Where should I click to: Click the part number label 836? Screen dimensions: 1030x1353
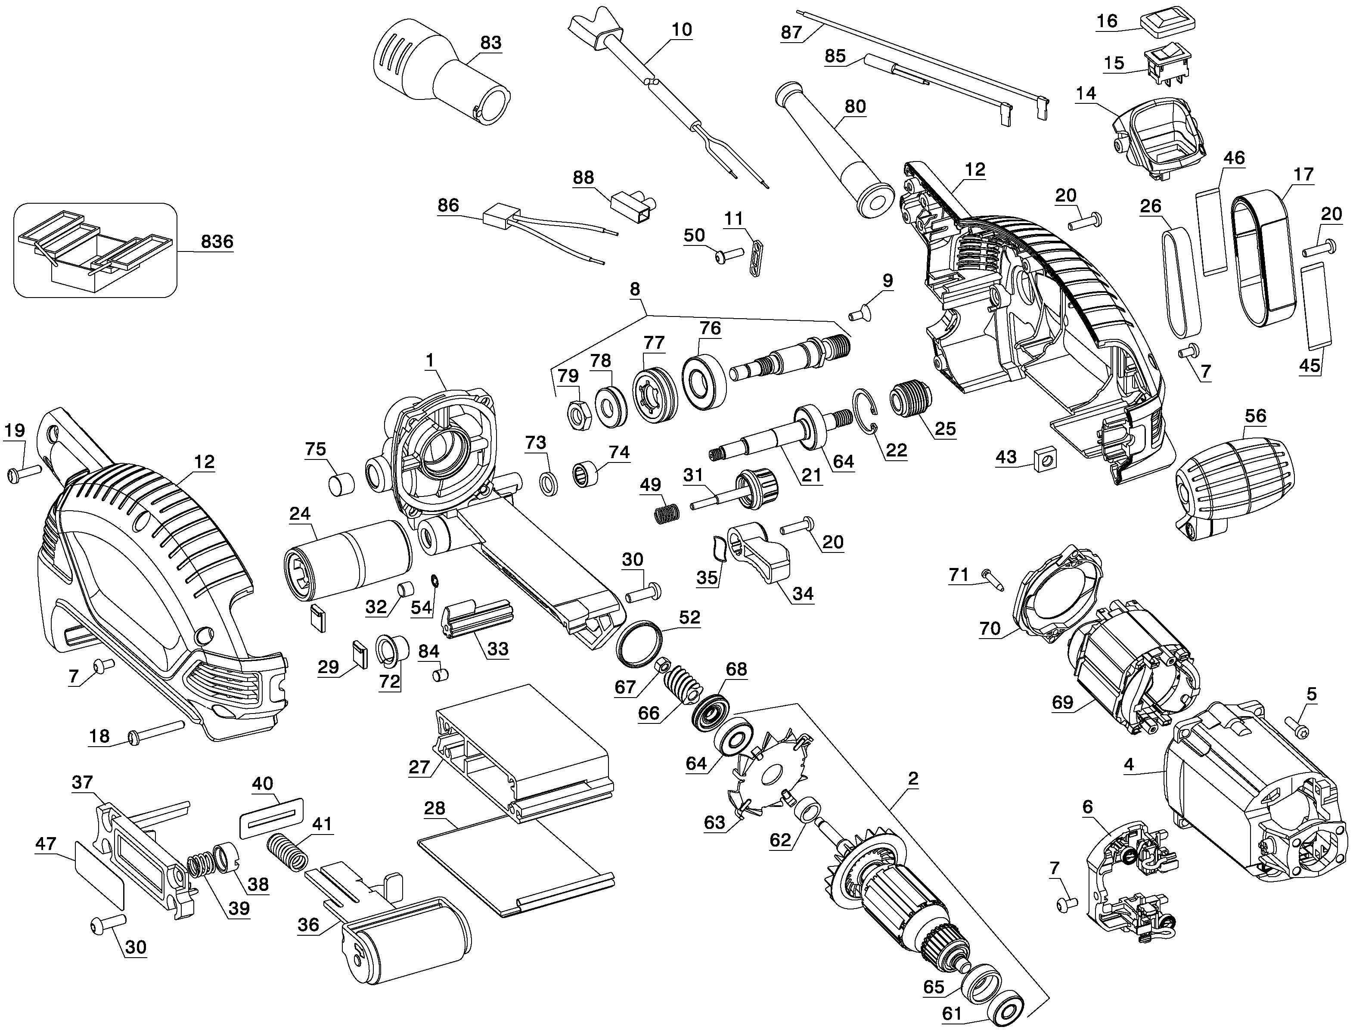[x=217, y=242]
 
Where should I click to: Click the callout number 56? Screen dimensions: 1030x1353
[x=1255, y=416]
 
